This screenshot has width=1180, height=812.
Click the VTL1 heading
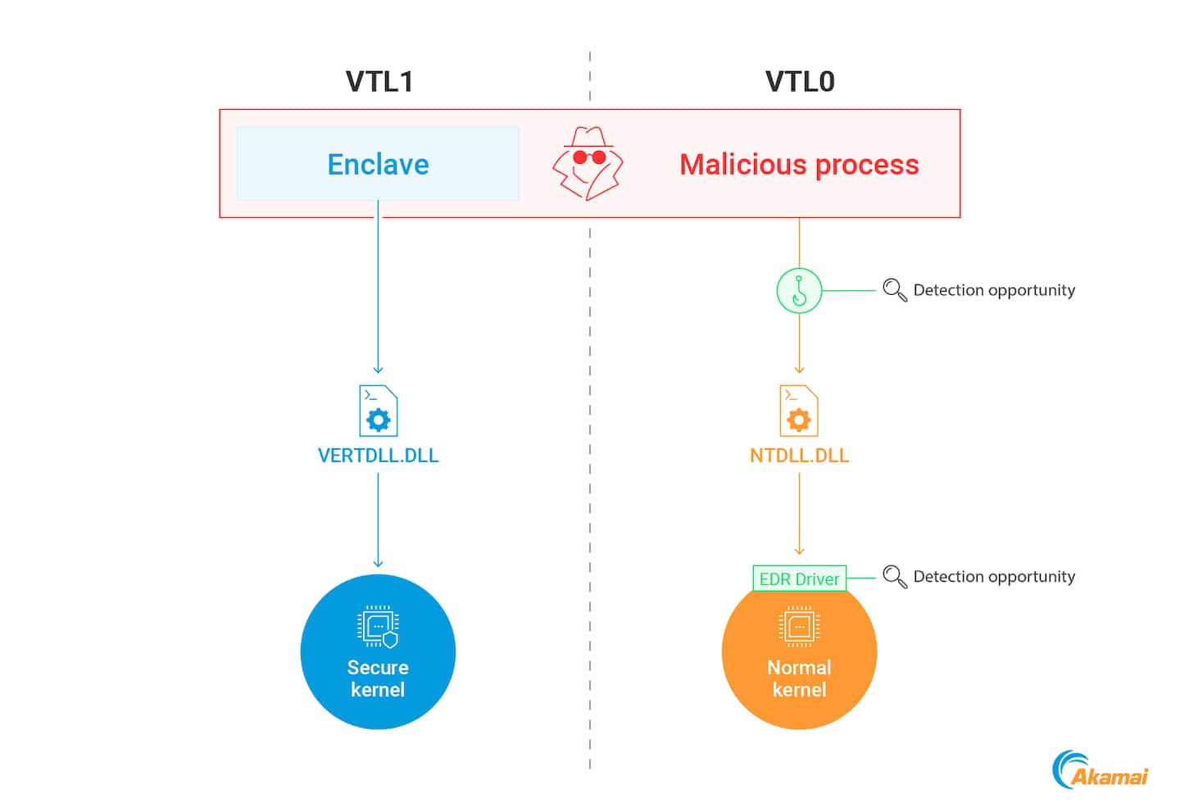(379, 82)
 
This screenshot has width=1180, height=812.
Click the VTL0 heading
(800, 82)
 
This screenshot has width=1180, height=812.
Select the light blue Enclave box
(378, 164)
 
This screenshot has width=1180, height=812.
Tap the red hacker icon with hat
(588, 163)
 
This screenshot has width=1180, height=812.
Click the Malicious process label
(799, 165)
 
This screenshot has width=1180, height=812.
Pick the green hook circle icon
(799, 290)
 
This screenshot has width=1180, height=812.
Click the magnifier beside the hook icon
(894, 290)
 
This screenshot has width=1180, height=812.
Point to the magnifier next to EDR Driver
(894, 577)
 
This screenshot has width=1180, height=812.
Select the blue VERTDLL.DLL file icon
(379, 411)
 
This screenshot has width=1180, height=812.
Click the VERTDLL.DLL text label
(378, 456)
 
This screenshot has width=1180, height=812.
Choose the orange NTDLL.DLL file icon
(799, 411)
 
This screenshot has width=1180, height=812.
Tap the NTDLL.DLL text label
(799, 456)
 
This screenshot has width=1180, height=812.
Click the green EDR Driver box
(799, 578)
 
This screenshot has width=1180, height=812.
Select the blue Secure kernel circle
(378, 655)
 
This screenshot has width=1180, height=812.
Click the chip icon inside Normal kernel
(799, 627)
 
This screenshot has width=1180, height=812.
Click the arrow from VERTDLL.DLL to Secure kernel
(378, 520)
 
